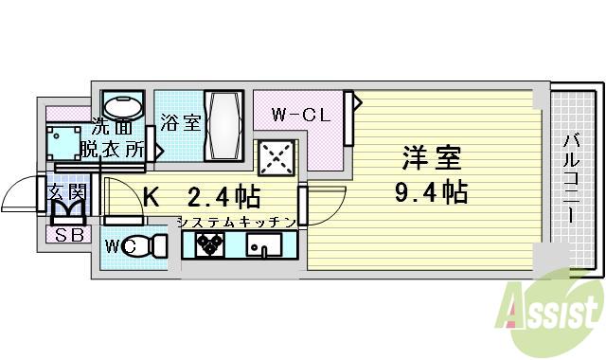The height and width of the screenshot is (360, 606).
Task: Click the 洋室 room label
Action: click(x=421, y=155)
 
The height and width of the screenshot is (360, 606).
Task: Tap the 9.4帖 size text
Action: click(x=431, y=192)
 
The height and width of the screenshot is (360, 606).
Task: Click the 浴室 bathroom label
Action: click(x=180, y=121)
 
